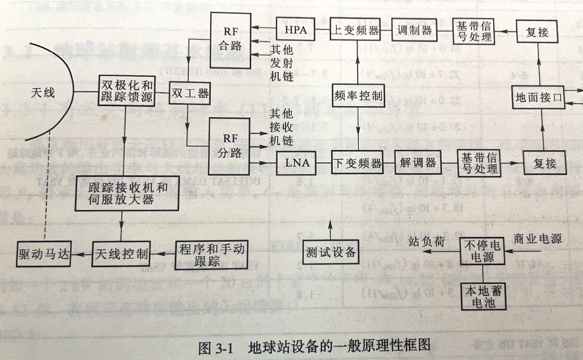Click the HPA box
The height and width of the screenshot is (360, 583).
295,30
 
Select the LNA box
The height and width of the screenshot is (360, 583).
297,163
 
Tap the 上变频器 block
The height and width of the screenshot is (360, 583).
356,30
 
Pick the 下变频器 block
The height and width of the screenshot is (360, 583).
357,163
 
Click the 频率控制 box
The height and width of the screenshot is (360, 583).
358,95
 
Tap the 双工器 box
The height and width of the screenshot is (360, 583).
189,94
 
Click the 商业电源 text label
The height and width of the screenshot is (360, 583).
537,239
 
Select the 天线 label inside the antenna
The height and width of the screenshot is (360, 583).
43,93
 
